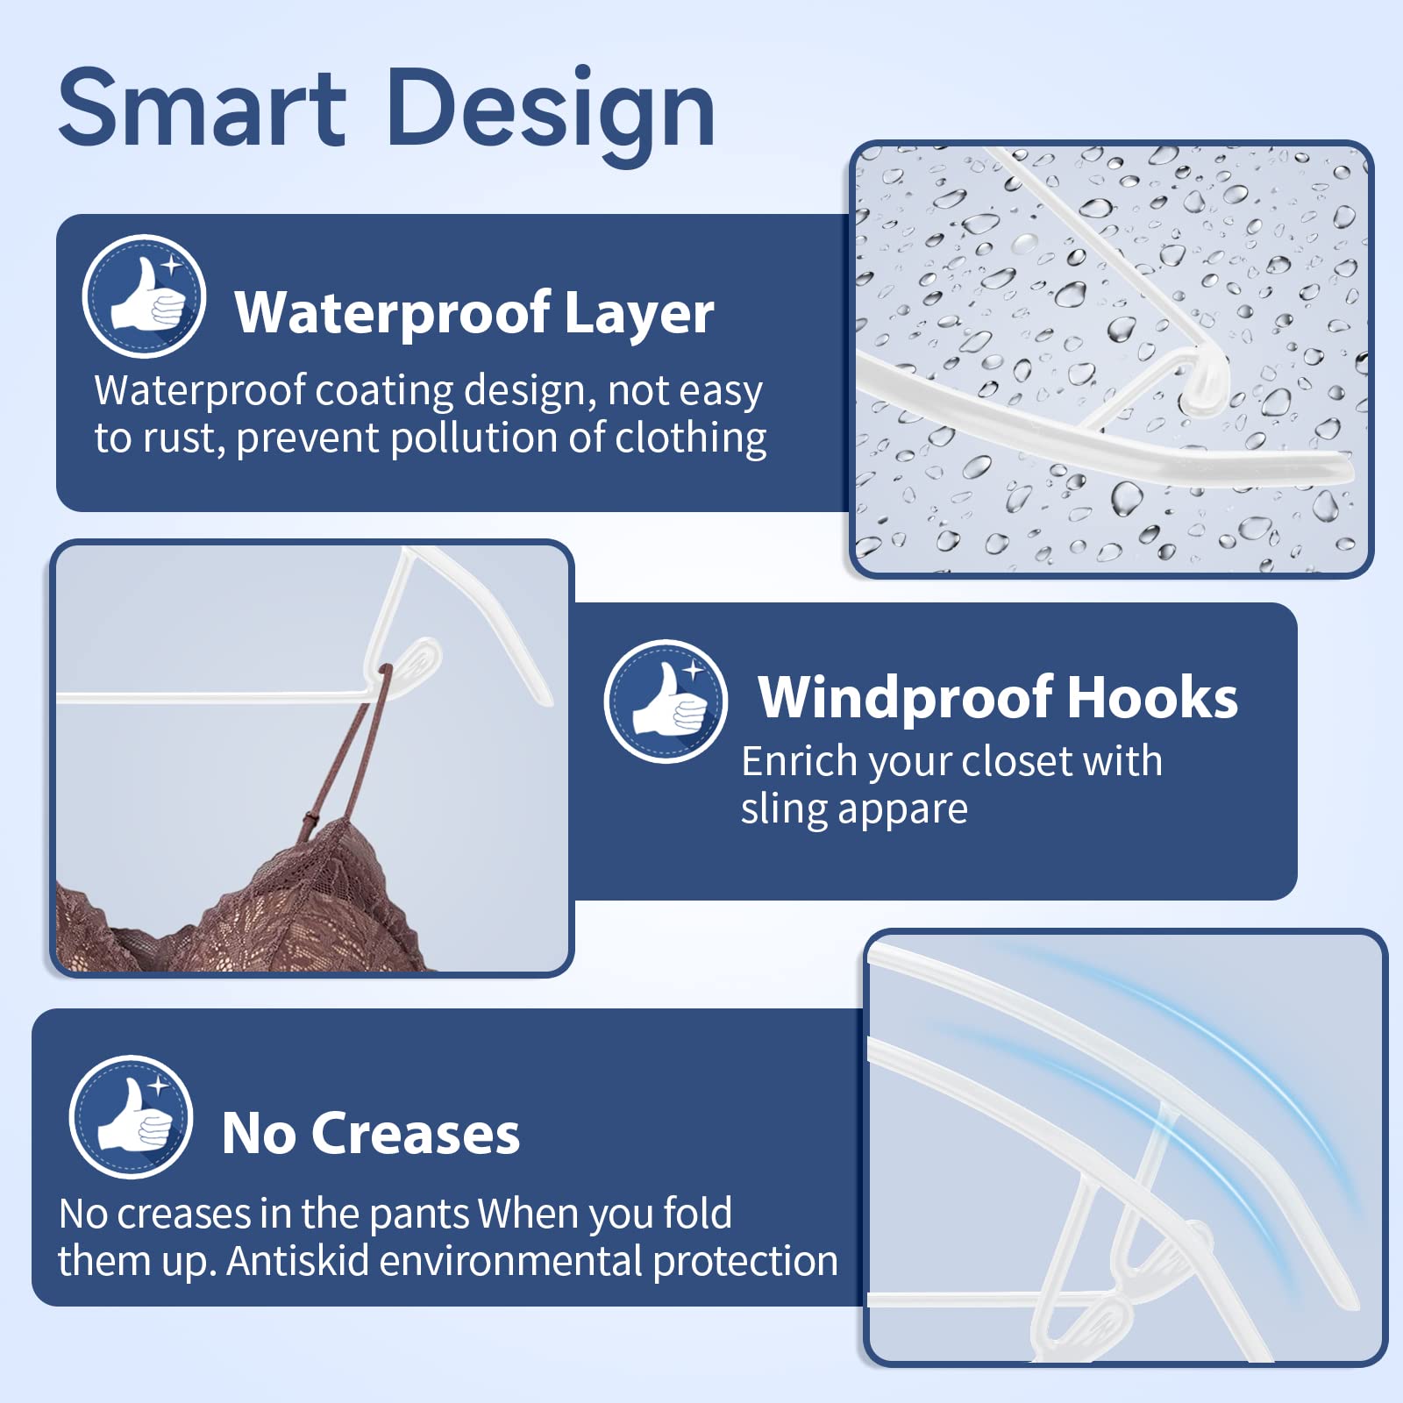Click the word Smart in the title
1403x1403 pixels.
[x=203, y=109]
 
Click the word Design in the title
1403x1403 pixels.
[x=551, y=116]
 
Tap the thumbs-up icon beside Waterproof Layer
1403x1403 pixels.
[x=144, y=296]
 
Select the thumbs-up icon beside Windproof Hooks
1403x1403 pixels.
[x=666, y=701]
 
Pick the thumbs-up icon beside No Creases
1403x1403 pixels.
[x=131, y=1116]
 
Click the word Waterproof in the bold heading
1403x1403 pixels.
[x=393, y=314]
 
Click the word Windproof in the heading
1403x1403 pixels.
[x=906, y=699]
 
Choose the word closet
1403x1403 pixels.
[x=1014, y=760]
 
